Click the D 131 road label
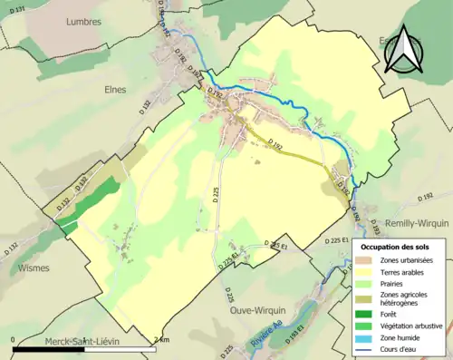coord(15,7)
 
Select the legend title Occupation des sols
coord(400,247)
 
